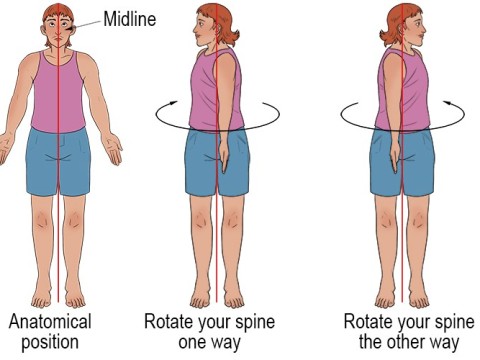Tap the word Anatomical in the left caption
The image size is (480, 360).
pyautogui.click(x=50, y=322)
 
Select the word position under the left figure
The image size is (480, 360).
pyautogui.click(x=50, y=343)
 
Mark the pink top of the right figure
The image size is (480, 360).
pyautogui.click(x=400, y=90)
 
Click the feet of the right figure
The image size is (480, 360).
pyautogui.click(x=400, y=298)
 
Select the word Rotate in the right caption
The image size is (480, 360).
pyautogui.click(x=368, y=322)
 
